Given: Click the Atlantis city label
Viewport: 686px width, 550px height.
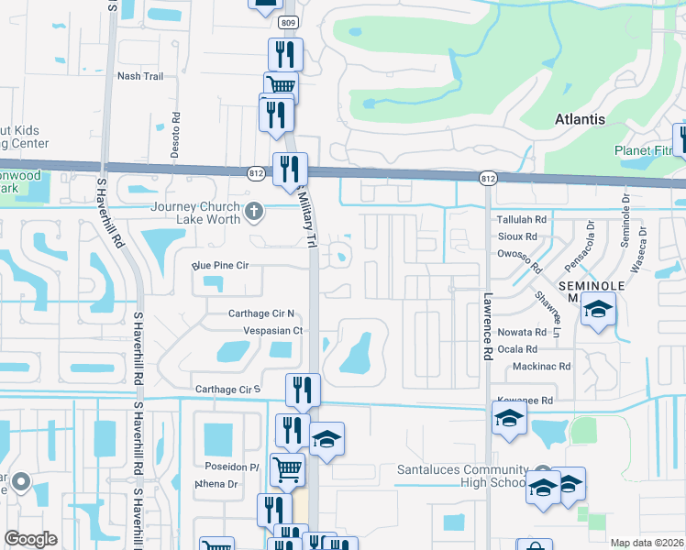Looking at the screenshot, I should [x=580, y=120].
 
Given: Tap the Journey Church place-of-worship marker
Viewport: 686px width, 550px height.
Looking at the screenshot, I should [x=255, y=214].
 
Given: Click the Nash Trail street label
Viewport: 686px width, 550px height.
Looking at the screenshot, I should [x=140, y=76].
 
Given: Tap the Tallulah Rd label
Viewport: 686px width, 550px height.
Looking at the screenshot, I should [x=521, y=220].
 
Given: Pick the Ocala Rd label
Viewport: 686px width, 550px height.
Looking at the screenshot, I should [x=518, y=349].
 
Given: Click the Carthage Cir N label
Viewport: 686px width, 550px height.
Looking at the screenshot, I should [x=260, y=313].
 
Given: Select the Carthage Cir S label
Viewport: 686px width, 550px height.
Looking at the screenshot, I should [x=228, y=390].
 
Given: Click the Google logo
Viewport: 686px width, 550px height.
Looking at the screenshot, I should [x=31, y=539].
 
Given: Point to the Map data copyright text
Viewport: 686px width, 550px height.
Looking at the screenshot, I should [x=647, y=543].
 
